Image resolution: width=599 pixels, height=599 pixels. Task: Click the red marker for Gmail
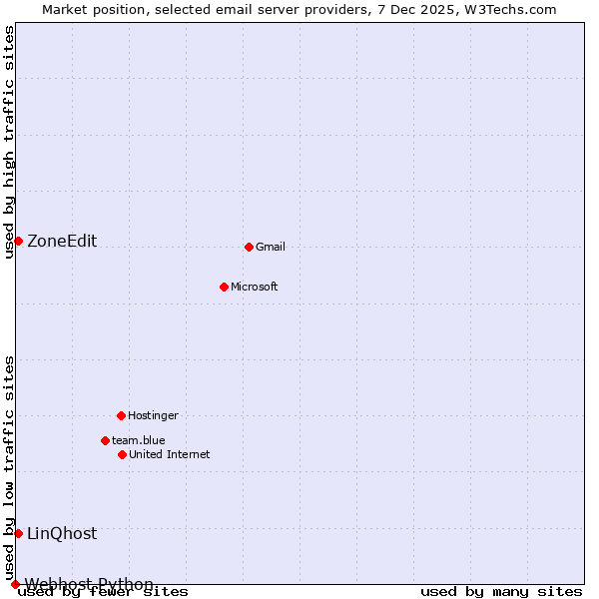pyautogui.click(x=249, y=247)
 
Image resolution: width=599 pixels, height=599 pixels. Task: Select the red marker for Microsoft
pyautogui.click(x=224, y=287)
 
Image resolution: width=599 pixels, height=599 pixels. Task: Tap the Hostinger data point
pyautogui.click(x=121, y=415)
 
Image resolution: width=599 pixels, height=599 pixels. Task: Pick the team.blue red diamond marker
pyautogui.click(x=105, y=440)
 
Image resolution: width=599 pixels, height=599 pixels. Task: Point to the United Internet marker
pyautogui.click(x=122, y=454)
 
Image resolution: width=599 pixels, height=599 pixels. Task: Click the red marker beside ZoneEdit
pyautogui.click(x=18, y=241)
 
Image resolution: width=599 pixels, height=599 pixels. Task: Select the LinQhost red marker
pyautogui.click(x=18, y=533)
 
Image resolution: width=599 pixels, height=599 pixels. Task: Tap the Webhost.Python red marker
pyautogui.click(x=15, y=584)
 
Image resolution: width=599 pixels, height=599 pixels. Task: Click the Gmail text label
pyautogui.click(x=271, y=247)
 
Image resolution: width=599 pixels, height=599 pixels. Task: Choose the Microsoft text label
pyautogui.click(x=255, y=287)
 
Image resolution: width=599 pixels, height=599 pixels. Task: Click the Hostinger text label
pyautogui.click(x=153, y=415)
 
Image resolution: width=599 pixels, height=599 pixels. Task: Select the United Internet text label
pyautogui.click(x=170, y=454)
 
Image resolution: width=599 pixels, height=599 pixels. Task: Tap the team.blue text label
pyautogui.click(x=139, y=440)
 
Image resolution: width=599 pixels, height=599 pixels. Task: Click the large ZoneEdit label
pyautogui.click(x=62, y=241)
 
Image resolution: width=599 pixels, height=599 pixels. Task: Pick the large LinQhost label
pyautogui.click(x=62, y=533)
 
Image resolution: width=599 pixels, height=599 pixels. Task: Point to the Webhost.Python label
pyautogui.click(x=90, y=584)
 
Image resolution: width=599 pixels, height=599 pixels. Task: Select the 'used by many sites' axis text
pyautogui.click(x=501, y=591)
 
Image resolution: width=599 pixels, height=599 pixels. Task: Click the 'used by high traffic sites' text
pyautogui.click(x=10, y=142)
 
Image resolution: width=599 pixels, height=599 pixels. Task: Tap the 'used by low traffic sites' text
pyautogui.click(x=10, y=467)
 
